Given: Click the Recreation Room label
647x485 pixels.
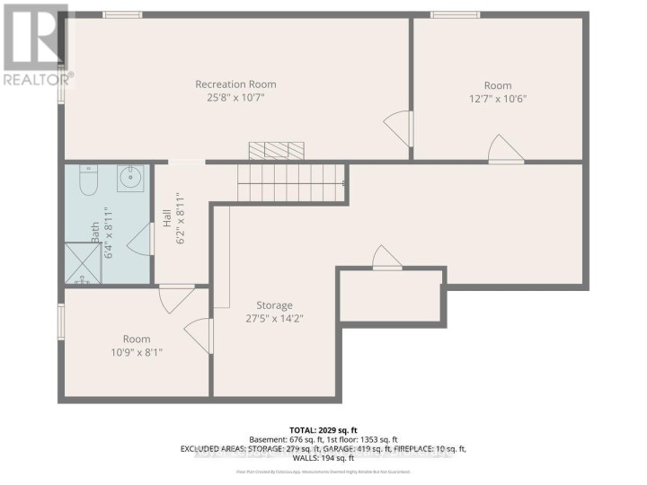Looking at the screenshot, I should (235, 84).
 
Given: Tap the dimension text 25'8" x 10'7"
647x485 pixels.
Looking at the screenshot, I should (235, 98).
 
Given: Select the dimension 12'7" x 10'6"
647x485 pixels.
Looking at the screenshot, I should (497, 99).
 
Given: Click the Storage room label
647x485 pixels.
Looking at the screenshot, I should (274, 305).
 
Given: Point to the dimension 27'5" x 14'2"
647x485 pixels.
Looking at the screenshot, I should (274, 318).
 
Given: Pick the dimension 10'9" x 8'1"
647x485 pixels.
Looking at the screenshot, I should (137, 352).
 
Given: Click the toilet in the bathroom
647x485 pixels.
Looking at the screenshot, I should (87, 182).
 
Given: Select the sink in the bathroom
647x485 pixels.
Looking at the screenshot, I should (130, 174).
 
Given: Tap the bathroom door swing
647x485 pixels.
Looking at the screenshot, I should (140, 240).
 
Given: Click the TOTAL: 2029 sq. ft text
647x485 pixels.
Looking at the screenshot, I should (324, 431).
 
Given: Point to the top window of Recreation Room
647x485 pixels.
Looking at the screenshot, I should (121, 14).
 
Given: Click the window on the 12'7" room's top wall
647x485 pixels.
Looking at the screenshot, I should (454, 14).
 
